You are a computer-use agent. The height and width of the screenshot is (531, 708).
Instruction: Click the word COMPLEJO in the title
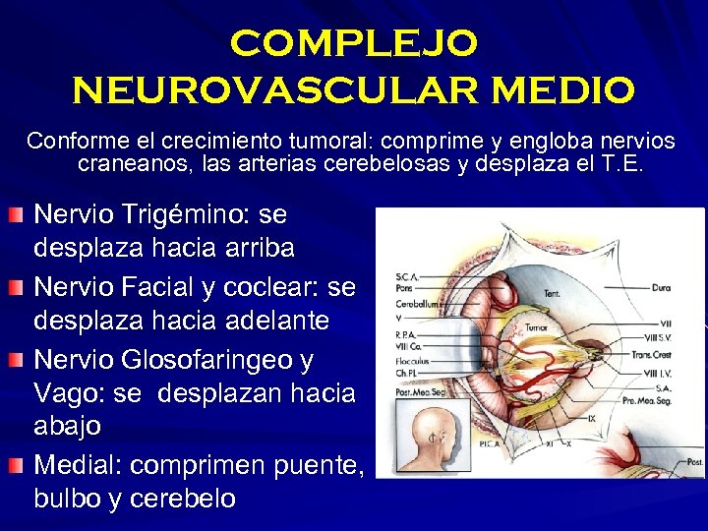[x=354, y=42]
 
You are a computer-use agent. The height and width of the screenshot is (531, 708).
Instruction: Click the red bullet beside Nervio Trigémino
[x=17, y=214]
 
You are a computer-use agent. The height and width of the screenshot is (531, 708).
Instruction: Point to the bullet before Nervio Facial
[x=17, y=287]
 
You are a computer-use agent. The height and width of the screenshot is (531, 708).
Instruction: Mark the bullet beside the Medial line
[x=17, y=465]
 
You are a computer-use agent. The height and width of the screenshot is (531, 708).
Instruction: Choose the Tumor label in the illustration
[x=536, y=327]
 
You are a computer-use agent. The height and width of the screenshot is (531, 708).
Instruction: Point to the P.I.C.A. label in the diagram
[x=490, y=442]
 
